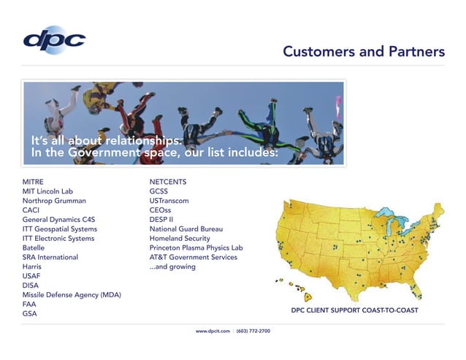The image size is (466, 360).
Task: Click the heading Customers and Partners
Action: click(x=363, y=52)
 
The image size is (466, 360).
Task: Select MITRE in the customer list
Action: click(x=33, y=181)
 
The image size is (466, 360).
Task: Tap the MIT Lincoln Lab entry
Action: click(x=47, y=191)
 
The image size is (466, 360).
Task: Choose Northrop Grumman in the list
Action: click(x=54, y=200)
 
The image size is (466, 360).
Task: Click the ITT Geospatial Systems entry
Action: click(x=59, y=229)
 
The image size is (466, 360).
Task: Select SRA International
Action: click(x=50, y=257)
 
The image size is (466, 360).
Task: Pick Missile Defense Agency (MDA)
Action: click(x=72, y=295)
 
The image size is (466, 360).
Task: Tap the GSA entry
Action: click(x=29, y=314)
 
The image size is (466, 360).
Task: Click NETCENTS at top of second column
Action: click(x=168, y=181)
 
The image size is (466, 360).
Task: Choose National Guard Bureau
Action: click(x=186, y=229)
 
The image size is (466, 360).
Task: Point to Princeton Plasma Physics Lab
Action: click(x=196, y=248)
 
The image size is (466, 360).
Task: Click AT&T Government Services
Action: click(x=193, y=257)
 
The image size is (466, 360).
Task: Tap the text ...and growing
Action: click(x=172, y=267)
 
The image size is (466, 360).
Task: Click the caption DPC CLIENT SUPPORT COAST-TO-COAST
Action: click(x=354, y=310)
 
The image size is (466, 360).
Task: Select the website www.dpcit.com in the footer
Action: click(x=213, y=332)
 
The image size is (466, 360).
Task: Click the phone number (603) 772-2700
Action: click(x=253, y=332)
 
